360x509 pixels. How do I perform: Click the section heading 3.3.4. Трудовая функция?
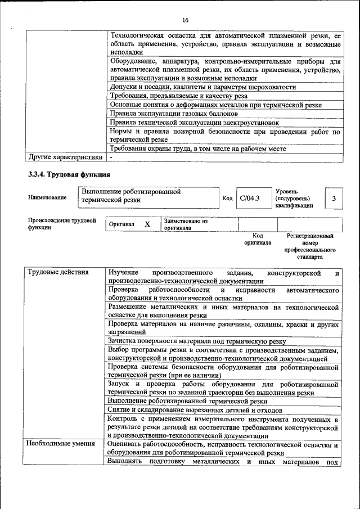point(69,174)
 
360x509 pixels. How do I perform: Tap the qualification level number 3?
point(334,198)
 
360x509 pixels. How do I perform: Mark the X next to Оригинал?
point(147,224)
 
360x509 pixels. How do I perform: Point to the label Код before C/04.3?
point(227,198)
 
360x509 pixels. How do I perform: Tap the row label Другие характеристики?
point(65,157)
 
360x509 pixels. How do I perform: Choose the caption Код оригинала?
point(258,239)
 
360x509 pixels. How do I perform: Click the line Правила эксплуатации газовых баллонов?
point(174,113)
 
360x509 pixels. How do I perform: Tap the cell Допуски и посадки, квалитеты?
point(202,87)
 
